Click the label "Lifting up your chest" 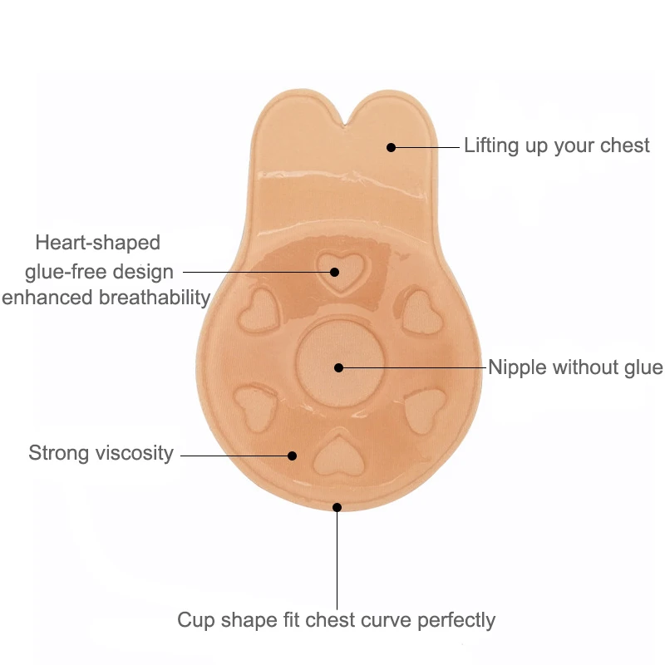coord(556,145)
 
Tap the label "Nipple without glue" coord(575,367)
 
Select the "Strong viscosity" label coord(101,453)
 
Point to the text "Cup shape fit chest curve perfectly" coord(336,619)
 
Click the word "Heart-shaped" coord(97,243)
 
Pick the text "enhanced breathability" coord(106,297)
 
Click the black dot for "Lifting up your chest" coord(391,147)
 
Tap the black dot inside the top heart coord(334,271)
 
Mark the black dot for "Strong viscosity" coord(292,455)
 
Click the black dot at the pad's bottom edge coord(337,506)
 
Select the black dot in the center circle coord(338,367)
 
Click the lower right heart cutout coord(425,408)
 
